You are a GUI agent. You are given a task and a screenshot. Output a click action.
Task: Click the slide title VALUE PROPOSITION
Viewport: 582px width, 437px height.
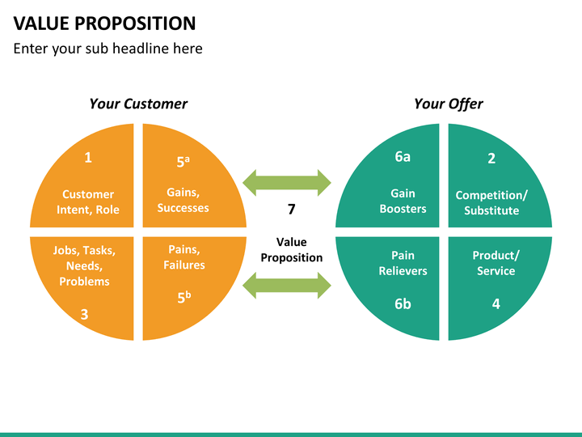(104, 23)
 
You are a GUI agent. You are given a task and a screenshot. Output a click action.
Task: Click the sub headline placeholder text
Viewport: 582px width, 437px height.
(108, 49)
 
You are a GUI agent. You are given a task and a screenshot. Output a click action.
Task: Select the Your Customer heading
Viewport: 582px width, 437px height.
(138, 104)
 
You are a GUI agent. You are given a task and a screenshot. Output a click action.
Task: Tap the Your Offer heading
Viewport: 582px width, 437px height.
(449, 104)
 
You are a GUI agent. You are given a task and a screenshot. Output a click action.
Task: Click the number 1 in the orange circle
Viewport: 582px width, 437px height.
(88, 158)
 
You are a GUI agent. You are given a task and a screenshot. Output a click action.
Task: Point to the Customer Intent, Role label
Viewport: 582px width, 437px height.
(88, 202)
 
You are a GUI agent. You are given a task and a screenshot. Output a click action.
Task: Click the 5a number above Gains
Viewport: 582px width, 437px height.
(183, 161)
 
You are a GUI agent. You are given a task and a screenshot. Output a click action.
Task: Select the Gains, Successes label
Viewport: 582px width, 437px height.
(183, 200)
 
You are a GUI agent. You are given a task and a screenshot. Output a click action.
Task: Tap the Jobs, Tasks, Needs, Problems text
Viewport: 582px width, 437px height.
(84, 265)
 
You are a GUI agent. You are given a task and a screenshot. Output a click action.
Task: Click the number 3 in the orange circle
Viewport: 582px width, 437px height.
(84, 314)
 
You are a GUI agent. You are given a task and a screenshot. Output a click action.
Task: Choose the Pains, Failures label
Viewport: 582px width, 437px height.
(184, 257)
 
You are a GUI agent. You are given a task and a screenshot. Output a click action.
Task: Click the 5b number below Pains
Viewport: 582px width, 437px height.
(184, 297)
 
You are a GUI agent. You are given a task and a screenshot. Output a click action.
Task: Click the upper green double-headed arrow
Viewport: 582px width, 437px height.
(286, 183)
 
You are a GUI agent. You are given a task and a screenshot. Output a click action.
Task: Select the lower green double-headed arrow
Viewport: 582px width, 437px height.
(286, 286)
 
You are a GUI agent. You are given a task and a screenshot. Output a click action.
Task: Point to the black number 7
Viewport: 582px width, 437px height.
(291, 210)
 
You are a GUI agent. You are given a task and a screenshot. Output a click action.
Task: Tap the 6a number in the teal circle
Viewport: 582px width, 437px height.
(403, 157)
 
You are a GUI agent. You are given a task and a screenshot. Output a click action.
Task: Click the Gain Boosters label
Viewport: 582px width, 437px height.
(403, 201)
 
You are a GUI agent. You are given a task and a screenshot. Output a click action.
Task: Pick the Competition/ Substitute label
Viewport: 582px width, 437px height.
(491, 203)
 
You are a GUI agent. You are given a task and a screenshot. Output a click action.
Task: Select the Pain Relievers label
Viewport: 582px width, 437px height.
(403, 263)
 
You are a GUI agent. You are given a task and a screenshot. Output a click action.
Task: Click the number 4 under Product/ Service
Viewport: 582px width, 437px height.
(496, 304)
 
